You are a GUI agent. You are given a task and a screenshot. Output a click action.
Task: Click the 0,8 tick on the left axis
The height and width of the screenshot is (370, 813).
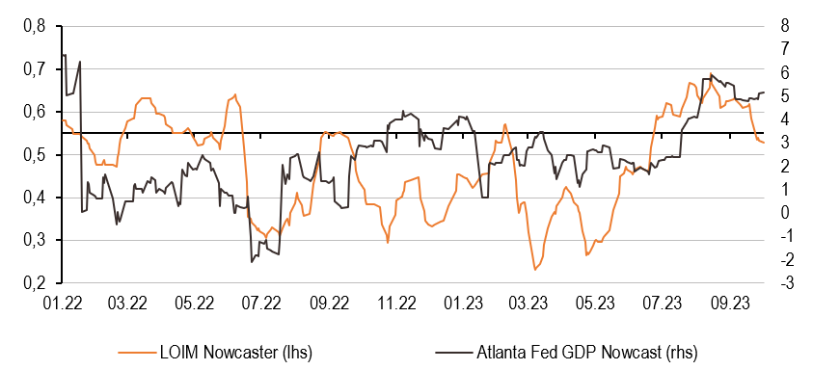(x=32, y=26)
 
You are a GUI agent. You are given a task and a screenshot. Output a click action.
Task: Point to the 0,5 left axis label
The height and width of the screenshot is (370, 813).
(x=32, y=155)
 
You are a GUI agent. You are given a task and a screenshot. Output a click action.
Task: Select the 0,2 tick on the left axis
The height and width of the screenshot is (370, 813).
(x=32, y=283)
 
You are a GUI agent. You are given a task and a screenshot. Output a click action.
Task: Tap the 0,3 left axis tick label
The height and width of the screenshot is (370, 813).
(x=32, y=241)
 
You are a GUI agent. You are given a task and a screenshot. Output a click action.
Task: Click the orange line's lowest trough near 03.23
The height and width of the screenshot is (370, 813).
(x=535, y=269)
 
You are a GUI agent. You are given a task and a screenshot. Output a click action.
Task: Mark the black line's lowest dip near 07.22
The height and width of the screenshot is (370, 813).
(x=252, y=261)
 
